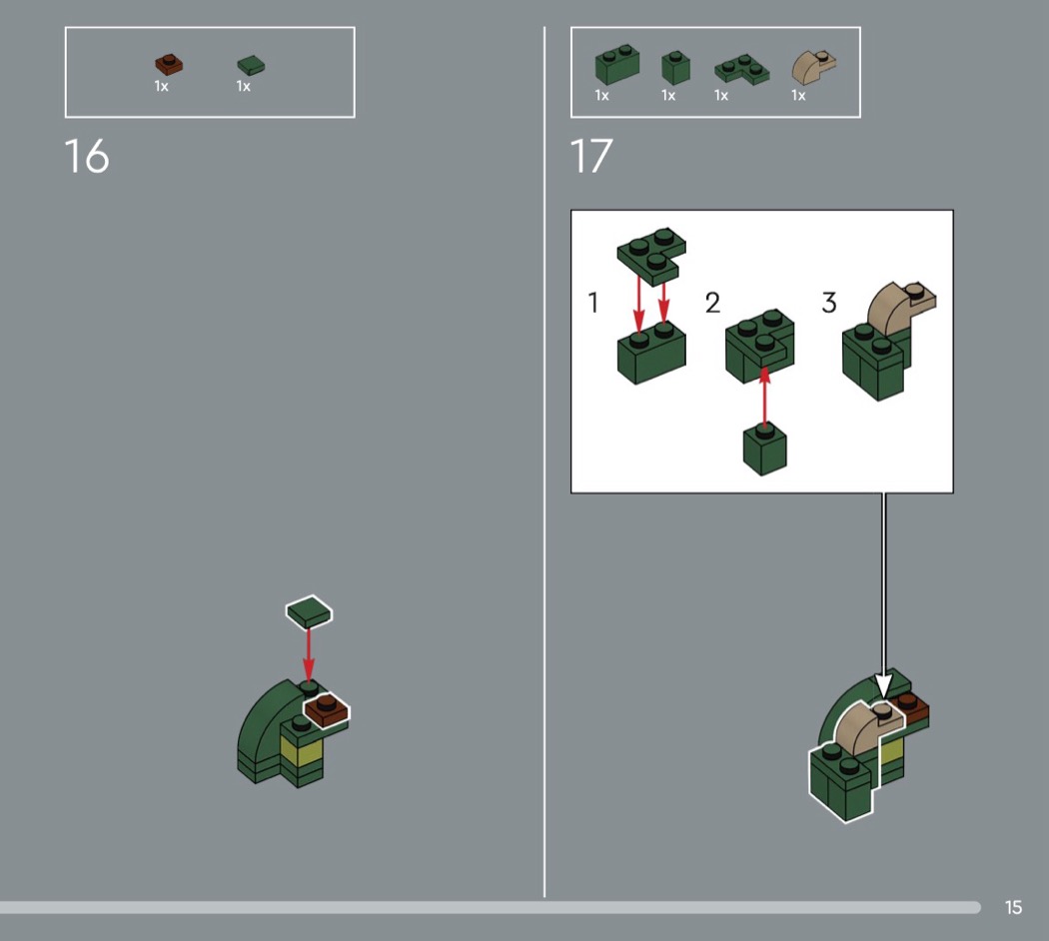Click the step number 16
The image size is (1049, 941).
(86, 157)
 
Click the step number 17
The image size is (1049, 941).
(591, 157)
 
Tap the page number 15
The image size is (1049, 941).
(1013, 908)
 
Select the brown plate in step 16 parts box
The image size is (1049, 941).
(169, 64)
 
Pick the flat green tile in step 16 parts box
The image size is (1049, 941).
(251, 65)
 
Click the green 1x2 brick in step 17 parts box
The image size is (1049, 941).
(616, 65)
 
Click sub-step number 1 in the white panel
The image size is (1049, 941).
(592, 303)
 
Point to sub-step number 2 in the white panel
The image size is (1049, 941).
(712, 303)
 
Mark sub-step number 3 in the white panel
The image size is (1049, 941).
(829, 303)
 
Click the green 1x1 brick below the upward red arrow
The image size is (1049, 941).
(764, 449)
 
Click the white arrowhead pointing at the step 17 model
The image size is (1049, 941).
(884, 685)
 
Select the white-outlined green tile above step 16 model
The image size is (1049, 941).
(309, 612)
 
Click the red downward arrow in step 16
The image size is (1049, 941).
(309, 654)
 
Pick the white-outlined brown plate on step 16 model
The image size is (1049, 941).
(327, 711)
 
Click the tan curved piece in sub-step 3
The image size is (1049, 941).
(893, 307)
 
